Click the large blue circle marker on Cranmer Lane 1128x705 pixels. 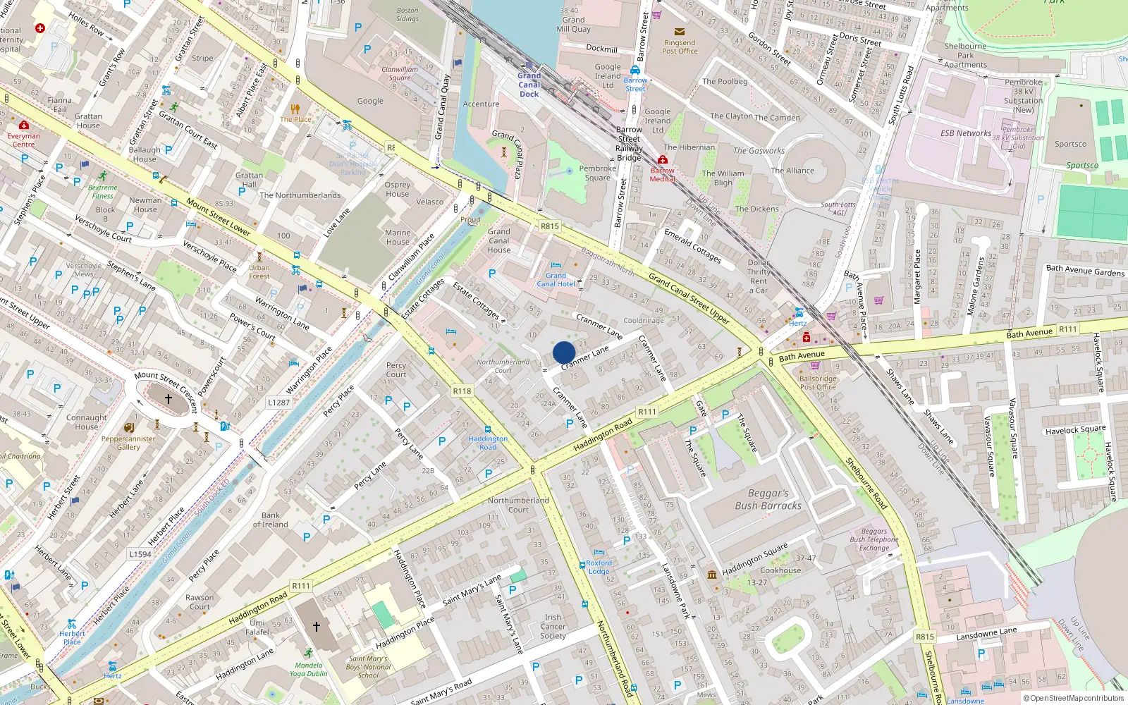(x=564, y=352)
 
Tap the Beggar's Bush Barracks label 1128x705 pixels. (x=768, y=499)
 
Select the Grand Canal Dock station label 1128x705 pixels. (x=529, y=85)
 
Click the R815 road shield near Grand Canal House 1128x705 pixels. (x=549, y=226)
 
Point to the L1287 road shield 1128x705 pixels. (x=278, y=403)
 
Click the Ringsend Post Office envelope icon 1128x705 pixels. (x=679, y=32)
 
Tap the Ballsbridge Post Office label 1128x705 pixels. (x=818, y=383)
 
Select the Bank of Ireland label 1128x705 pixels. (x=271, y=520)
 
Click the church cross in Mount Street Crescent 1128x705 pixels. (x=168, y=399)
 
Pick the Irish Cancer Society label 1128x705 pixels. (x=553, y=626)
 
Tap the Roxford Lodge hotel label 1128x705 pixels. (x=599, y=567)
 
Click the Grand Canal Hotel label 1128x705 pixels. (x=556, y=280)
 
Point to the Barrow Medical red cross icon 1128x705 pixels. (x=662, y=160)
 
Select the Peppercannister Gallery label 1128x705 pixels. (x=128, y=443)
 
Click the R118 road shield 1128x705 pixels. (x=462, y=391)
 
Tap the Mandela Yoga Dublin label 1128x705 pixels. (x=308, y=669)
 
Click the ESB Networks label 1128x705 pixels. (x=965, y=133)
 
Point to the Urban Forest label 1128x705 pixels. (x=259, y=271)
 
